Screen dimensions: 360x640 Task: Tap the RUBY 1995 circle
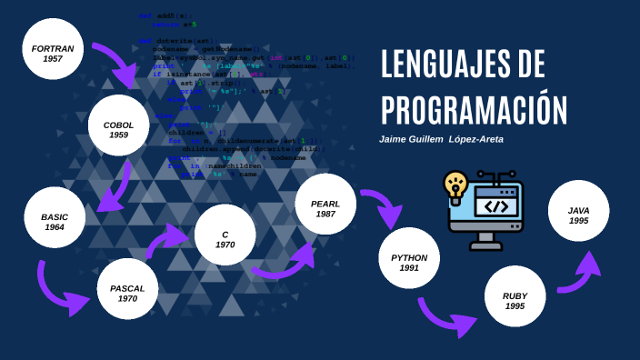[x=515, y=296]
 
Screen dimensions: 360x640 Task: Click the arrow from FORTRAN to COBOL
[x=116, y=63]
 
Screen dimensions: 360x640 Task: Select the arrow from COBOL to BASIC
[x=115, y=189]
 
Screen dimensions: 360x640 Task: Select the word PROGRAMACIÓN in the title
[x=474, y=109]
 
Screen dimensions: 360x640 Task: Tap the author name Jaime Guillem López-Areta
[x=441, y=139]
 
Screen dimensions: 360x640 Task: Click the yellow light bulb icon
[x=455, y=185]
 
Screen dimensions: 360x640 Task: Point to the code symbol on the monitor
[x=495, y=205]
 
